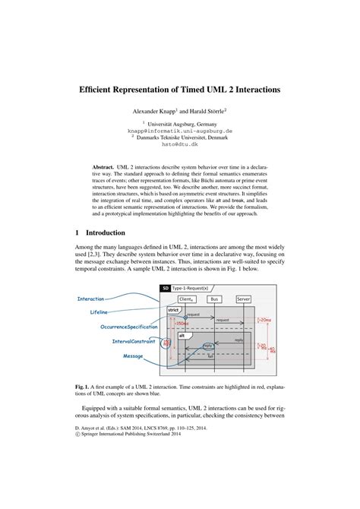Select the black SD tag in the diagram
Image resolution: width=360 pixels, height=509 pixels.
pos(165,288)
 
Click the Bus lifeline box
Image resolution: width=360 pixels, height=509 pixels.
pos(214,299)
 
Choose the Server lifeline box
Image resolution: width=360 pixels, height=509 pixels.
pos(244,299)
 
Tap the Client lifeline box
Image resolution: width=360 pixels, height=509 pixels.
pos(185,299)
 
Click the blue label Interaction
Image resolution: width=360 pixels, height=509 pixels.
pos(90,299)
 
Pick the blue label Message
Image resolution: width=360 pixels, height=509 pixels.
pos(133,356)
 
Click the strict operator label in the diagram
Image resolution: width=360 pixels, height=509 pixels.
pos(173,310)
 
